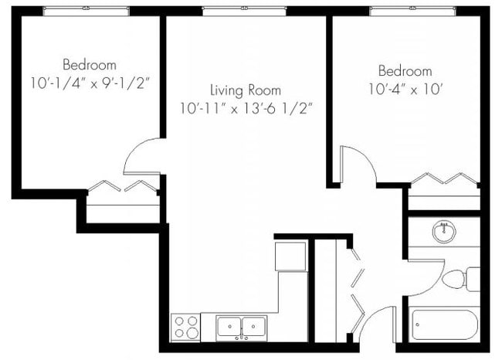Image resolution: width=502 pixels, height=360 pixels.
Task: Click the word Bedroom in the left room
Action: (x=90, y=65)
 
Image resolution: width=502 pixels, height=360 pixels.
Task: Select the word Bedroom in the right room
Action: (x=405, y=72)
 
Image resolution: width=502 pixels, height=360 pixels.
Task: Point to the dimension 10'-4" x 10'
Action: (x=405, y=90)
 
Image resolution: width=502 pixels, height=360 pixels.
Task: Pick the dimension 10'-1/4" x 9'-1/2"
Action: (x=90, y=83)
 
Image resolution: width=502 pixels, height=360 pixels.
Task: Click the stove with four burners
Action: (x=185, y=327)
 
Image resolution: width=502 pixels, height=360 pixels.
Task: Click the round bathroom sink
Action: (x=444, y=231)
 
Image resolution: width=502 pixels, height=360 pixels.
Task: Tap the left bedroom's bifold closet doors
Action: (x=124, y=186)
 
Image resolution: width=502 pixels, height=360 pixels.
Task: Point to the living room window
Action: (x=246, y=11)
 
